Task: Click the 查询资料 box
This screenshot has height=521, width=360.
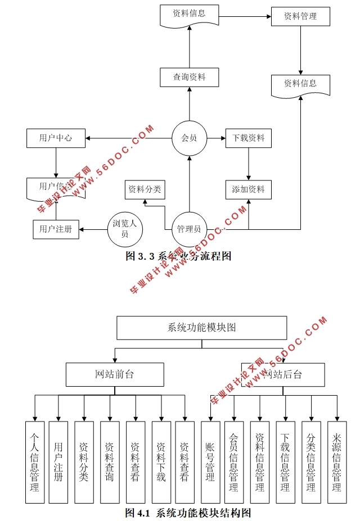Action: point(189,77)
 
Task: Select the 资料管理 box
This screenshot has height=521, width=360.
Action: point(300,16)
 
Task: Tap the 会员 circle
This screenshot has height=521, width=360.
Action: point(189,138)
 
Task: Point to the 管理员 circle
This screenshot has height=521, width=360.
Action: point(189,229)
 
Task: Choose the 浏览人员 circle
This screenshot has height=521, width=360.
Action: point(125,229)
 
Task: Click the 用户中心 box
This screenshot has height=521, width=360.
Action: point(56,138)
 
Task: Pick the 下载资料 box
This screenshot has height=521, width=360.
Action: point(248,138)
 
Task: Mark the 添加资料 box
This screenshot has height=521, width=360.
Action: point(248,189)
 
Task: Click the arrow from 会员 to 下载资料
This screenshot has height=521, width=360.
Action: point(216,138)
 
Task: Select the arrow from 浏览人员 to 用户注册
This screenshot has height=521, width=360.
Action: point(93,229)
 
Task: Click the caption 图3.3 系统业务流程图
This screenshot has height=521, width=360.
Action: point(178,256)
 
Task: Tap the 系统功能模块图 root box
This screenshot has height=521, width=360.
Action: point(201,328)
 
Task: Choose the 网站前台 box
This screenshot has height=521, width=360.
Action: point(115,374)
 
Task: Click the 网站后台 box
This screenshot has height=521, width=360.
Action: point(283,374)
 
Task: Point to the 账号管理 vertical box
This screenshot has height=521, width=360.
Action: point(210,462)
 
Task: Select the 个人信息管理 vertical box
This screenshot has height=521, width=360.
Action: point(35,462)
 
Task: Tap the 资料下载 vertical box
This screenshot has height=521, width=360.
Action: point(161,462)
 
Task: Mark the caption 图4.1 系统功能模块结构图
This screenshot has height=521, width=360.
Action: point(187,513)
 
